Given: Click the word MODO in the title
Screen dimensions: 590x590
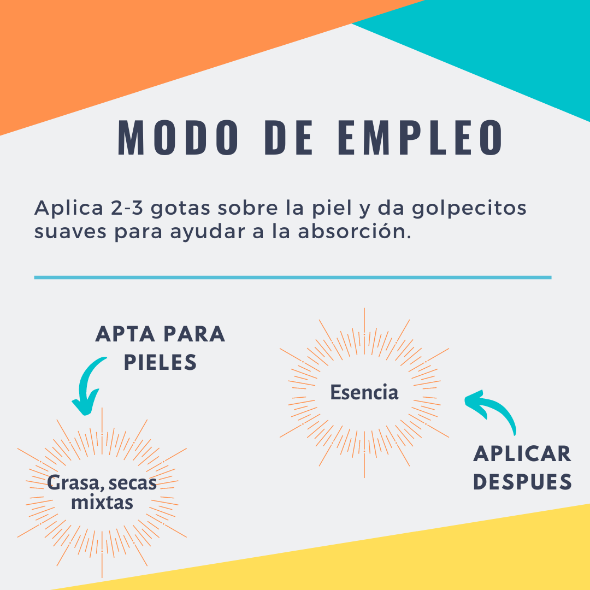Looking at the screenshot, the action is [x=178, y=137].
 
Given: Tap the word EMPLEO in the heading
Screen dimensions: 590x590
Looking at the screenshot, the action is [x=420, y=137].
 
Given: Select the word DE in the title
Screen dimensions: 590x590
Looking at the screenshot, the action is [x=288, y=137].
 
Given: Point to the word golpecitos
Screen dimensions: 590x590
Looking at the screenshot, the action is [x=469, y=209].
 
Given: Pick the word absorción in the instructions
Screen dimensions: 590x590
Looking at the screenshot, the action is [x=354, y=232].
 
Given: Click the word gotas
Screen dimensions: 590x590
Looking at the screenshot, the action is [x=180, y=209].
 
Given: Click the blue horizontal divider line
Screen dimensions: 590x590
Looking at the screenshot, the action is [x=293, y=278].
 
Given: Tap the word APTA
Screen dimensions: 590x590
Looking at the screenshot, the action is [x=125, y=334].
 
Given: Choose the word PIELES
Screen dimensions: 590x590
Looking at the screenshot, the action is [x=160, y=362].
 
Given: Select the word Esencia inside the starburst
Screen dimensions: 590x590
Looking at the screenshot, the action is [x=364, y=392].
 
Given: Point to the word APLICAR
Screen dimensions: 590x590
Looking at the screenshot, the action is [x=522, y=454].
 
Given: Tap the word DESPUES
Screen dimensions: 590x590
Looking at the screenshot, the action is [x=522, y=482].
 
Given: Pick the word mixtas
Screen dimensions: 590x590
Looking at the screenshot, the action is [x=102, y=503].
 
